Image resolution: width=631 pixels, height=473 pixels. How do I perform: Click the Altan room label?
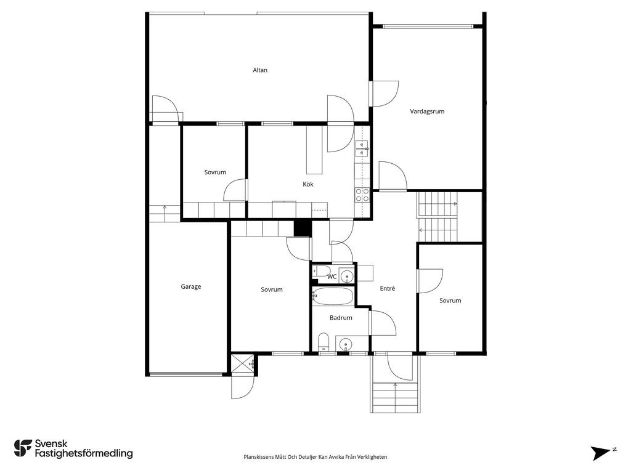coord(260,70)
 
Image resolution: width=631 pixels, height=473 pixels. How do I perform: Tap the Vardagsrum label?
coord(427,111)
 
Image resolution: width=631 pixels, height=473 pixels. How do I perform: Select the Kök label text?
coord(308,184)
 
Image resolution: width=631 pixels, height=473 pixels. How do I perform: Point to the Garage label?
coord(191,287)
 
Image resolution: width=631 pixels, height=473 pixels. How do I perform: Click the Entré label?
coord(388,288)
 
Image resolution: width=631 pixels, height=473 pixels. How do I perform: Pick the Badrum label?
coord(341,318)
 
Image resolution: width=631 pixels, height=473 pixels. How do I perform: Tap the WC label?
coord(332,277)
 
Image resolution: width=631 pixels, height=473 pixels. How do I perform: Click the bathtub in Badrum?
coord(333,296)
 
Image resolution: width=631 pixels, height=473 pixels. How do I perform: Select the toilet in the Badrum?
coord(324,342)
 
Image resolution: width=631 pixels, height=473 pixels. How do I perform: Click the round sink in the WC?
coord(346,277)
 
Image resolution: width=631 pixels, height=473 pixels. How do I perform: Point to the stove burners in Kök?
coord(362,195)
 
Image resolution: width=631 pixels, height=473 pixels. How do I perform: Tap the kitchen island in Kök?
coord(314,150)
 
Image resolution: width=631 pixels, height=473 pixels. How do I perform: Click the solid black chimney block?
coord(303,228)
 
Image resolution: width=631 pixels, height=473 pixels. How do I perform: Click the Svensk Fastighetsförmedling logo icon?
coord(23,448)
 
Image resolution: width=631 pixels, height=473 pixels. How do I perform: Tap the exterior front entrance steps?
coord(395,397)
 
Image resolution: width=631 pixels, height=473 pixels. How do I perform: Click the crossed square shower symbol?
coord(242,364)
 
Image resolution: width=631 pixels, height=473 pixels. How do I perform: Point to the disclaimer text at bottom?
coord(315,457)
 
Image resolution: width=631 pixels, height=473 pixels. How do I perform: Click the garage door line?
coord(185,374)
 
